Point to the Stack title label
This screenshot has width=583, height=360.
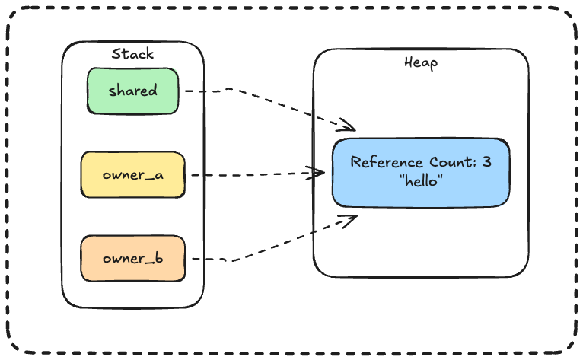pos(132,53)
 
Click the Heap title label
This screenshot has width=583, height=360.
pos(420,62)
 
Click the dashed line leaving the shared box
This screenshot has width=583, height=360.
pos(228,91)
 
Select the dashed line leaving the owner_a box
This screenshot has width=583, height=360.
pos(244,174)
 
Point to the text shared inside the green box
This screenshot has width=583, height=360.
pos(132,91)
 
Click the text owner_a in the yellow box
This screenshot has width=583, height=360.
pos(132,175)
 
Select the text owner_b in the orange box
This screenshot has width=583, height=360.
pos(132,259)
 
